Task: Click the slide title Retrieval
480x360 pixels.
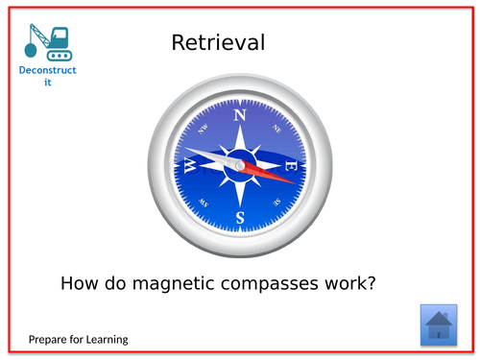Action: [x=218, y=43]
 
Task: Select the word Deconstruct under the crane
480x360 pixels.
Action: [x=48, y=71]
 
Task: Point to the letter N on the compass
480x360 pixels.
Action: [x=240, y=116]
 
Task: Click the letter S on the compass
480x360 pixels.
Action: [x=240, y=216]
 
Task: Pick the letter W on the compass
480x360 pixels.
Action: [x=190, y=165]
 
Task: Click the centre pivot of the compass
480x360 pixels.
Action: [x=240, y=166]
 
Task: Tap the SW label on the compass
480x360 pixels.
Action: [x=204, y=202]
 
